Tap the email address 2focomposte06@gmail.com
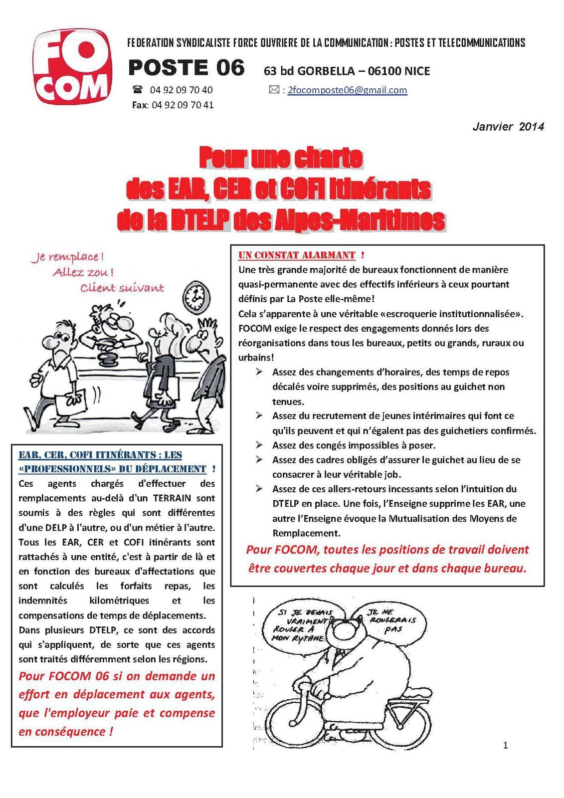(347, 90)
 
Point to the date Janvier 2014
(508, 127)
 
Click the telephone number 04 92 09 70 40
(181, 90)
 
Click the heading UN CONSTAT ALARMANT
(297, 255)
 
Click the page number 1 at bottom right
(506, 746)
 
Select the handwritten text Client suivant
(122, 288)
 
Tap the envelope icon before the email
(274, 90)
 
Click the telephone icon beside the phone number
(138, 90)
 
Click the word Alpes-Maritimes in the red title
(359, 220)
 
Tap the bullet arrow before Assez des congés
(259, 444)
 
